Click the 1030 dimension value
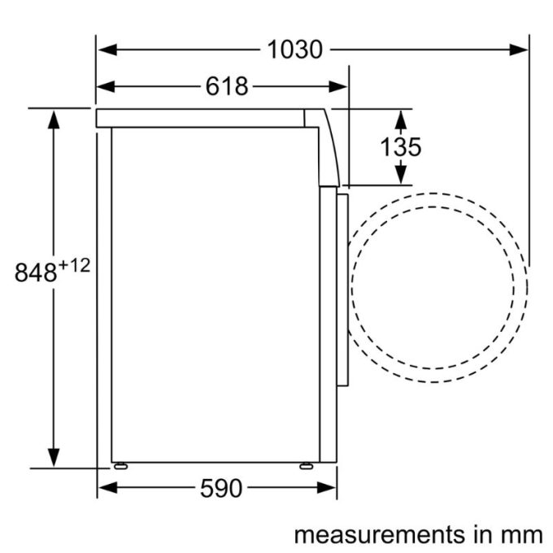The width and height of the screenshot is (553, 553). point(294,50)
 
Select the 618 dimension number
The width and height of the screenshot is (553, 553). point(226,86)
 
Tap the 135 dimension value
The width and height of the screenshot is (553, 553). point(401,147)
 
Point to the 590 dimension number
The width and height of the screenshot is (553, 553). point(220,488)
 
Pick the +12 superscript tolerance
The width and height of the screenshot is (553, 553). point(72,265)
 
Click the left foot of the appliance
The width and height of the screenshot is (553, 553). point(120,466)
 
